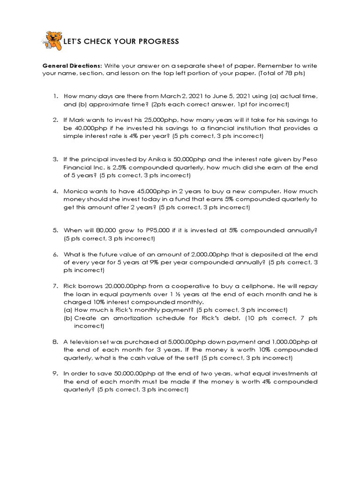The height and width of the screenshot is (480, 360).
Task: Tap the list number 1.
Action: pos(55,96)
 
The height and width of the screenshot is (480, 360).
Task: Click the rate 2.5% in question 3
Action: pos(124,167)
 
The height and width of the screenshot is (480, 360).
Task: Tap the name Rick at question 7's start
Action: pos(71,285)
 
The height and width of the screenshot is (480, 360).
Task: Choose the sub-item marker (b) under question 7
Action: pos(68,318)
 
